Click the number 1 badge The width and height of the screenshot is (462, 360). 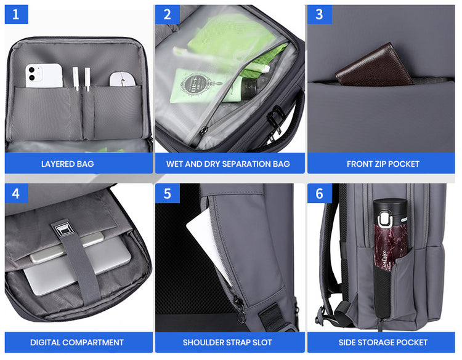coord(16,14)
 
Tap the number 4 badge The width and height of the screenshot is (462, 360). coord(16,193)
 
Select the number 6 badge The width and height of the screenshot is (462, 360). coord(320,193)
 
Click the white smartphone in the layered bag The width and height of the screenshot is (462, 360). coord(44,75)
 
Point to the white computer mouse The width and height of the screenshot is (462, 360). coord(123,79)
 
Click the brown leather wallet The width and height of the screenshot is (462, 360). coord(374,65)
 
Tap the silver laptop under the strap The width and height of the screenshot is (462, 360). coord(77,264)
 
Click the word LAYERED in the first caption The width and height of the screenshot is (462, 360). coord(58,164)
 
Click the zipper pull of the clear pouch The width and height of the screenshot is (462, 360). coord(203,131)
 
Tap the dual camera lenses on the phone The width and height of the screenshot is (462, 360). coord(32,74)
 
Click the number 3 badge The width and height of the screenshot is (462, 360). coord(320,14)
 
